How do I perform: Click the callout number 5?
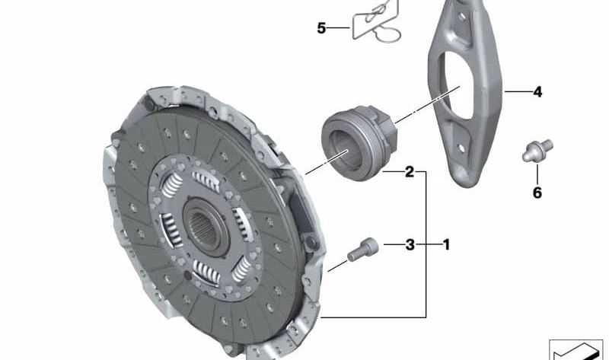click(321, 28)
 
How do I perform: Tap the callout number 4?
click(537, 92)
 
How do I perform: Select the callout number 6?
click(537, 193)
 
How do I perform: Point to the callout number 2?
click(410, 172)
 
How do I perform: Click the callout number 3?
click(410, 244)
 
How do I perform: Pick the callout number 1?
click(447, 244)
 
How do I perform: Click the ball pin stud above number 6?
click(537, 150)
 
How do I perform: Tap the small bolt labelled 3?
click(363, 250)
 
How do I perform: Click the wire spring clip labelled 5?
click(376, 21)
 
